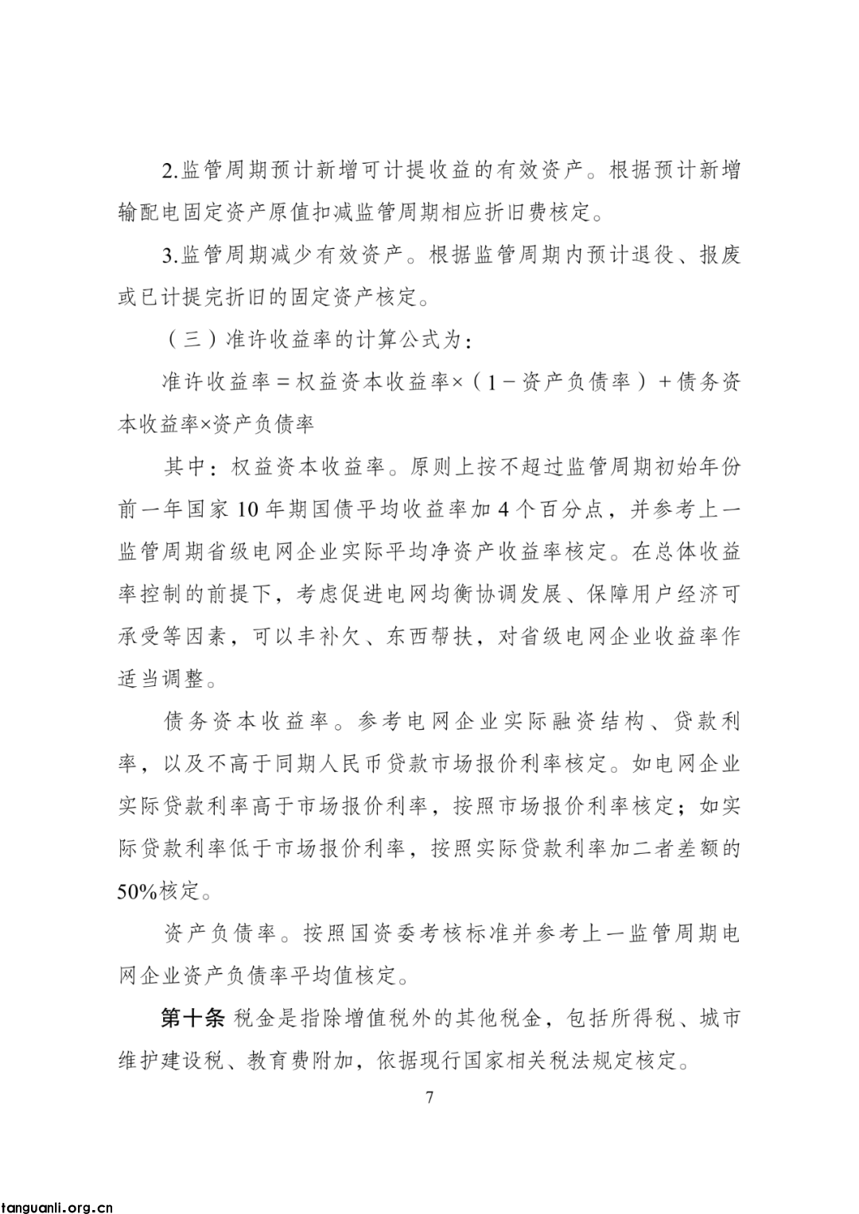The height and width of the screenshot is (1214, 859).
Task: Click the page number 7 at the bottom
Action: [x=429, y=1098]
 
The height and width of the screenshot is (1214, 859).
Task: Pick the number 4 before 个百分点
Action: [x=501, y=510]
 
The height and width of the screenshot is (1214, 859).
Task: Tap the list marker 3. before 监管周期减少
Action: [x=169, y=256]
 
